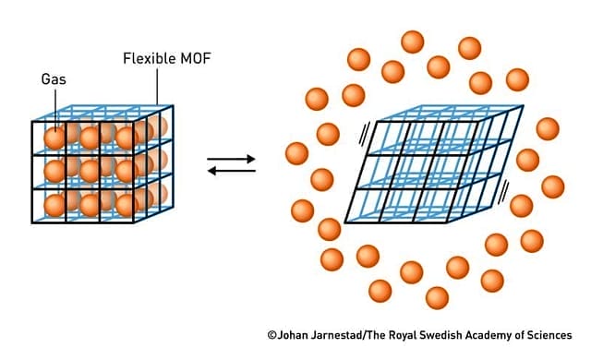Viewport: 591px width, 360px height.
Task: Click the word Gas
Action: point(54,79)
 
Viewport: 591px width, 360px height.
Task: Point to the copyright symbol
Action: point(272,335)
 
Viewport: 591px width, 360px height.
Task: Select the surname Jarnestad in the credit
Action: point(344,335)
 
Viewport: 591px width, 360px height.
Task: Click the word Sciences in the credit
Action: point(568,335)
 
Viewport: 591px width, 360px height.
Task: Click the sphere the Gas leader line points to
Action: point(55,138)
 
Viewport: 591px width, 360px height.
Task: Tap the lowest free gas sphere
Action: point(437,298)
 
